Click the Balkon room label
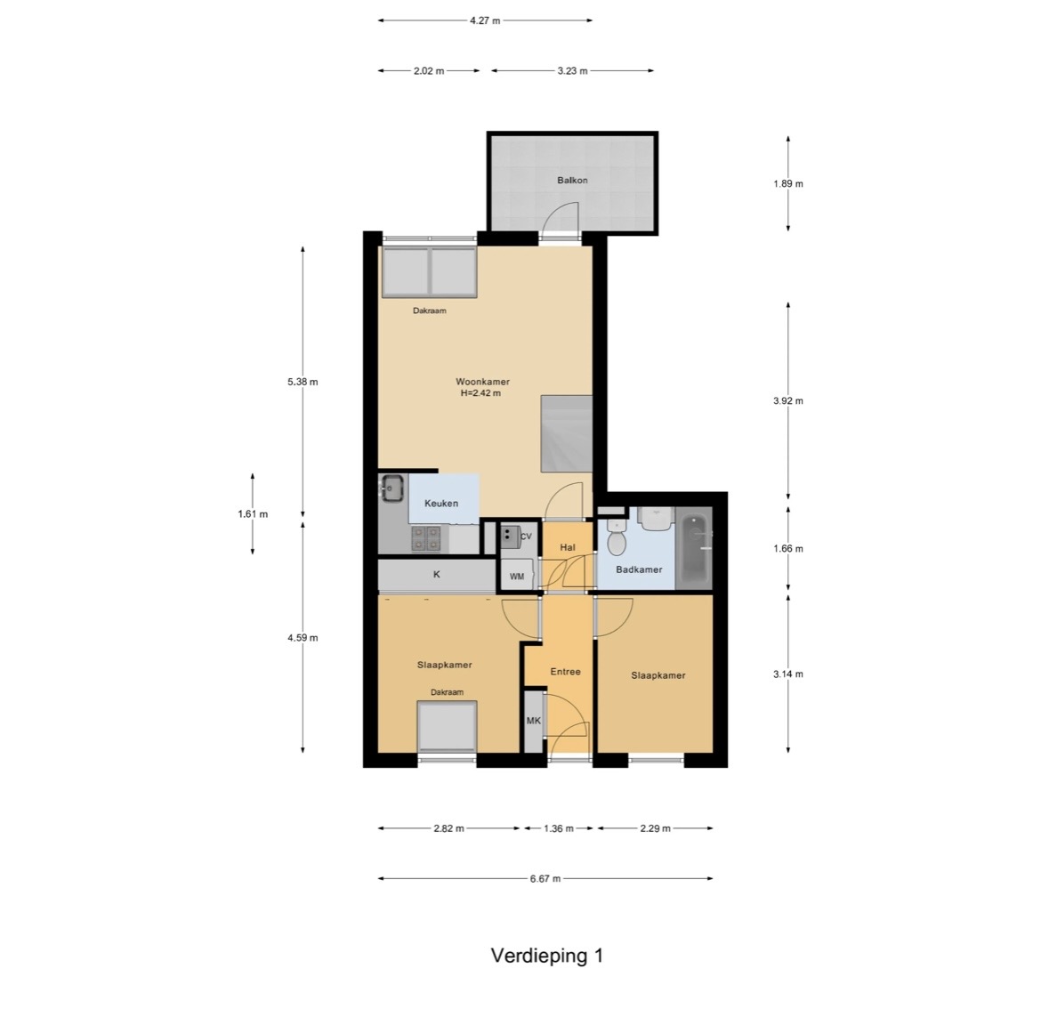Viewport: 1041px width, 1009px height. coord(571,180)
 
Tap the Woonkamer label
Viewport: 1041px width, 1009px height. coord(482,382)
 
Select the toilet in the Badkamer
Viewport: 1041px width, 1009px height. coord(617,537)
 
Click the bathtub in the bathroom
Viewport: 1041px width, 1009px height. coord(694,547)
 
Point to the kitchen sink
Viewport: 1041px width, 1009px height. coord(392,489)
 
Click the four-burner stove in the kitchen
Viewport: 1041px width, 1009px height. coord(425,538)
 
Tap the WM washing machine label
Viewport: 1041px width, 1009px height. coord(517,577)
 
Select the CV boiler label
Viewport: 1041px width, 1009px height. coord(526,537)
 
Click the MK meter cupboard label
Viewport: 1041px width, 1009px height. coord(534,721)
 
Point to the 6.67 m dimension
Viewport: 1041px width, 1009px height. coord(545,879)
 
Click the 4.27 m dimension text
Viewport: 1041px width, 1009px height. coord(485,20)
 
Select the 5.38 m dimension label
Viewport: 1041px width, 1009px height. coord(303,382)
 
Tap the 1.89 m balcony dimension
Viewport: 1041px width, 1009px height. coord(788,184)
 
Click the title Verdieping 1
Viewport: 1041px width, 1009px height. coord(547,956)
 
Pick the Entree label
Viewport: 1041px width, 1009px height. coord(566,672)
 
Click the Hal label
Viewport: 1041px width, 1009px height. coord(568,547)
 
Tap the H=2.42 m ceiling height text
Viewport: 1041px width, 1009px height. coord(480,393)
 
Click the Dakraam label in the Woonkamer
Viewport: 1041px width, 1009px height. coord(430,311)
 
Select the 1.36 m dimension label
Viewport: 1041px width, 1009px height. coord(559,828)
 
